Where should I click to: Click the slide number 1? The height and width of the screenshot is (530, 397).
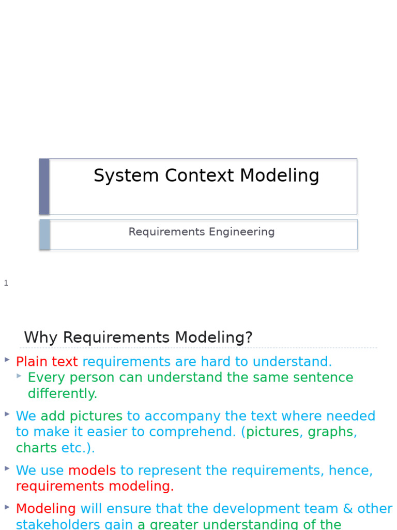(x=6, y=283)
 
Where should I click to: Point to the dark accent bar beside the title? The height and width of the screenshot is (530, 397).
(x=44, y=186)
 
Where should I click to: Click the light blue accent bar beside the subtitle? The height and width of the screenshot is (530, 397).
(x=45, y=234)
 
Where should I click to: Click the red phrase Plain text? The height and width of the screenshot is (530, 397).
(x=47, y=362)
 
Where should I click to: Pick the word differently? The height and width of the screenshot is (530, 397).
(x=62, y=393)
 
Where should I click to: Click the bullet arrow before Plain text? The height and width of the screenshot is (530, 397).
(x=7, y=359)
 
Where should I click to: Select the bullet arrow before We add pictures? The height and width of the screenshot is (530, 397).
(x=7, y=414)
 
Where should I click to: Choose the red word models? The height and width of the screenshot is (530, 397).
(x=92, y=470)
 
